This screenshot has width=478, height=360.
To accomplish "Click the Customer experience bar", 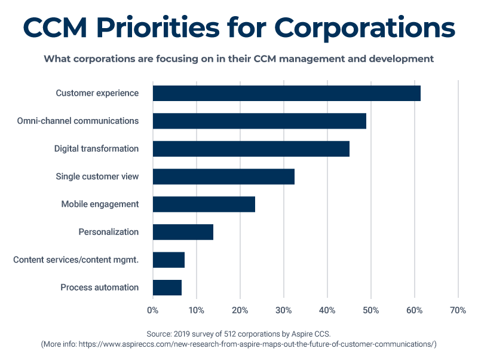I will point(287,93).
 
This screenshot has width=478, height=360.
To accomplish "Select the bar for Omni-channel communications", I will point(259,121).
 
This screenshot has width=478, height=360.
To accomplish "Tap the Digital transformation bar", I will point(251,148).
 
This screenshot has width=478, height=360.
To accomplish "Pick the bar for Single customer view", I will point(223,176).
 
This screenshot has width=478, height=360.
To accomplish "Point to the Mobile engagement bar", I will point(204,204).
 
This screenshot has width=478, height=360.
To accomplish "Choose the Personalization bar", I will point(183,232).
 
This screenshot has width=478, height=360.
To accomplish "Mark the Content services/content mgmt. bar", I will point(168,260).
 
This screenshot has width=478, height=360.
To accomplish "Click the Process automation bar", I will point(167,288).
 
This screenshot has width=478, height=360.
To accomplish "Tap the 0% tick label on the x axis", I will point(153,310).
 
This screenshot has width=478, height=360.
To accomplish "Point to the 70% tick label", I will point(458,310).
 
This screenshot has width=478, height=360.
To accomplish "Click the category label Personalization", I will point(109,232).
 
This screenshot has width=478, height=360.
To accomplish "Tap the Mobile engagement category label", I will point(100,204).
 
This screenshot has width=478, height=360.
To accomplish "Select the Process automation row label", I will point(100,288).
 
